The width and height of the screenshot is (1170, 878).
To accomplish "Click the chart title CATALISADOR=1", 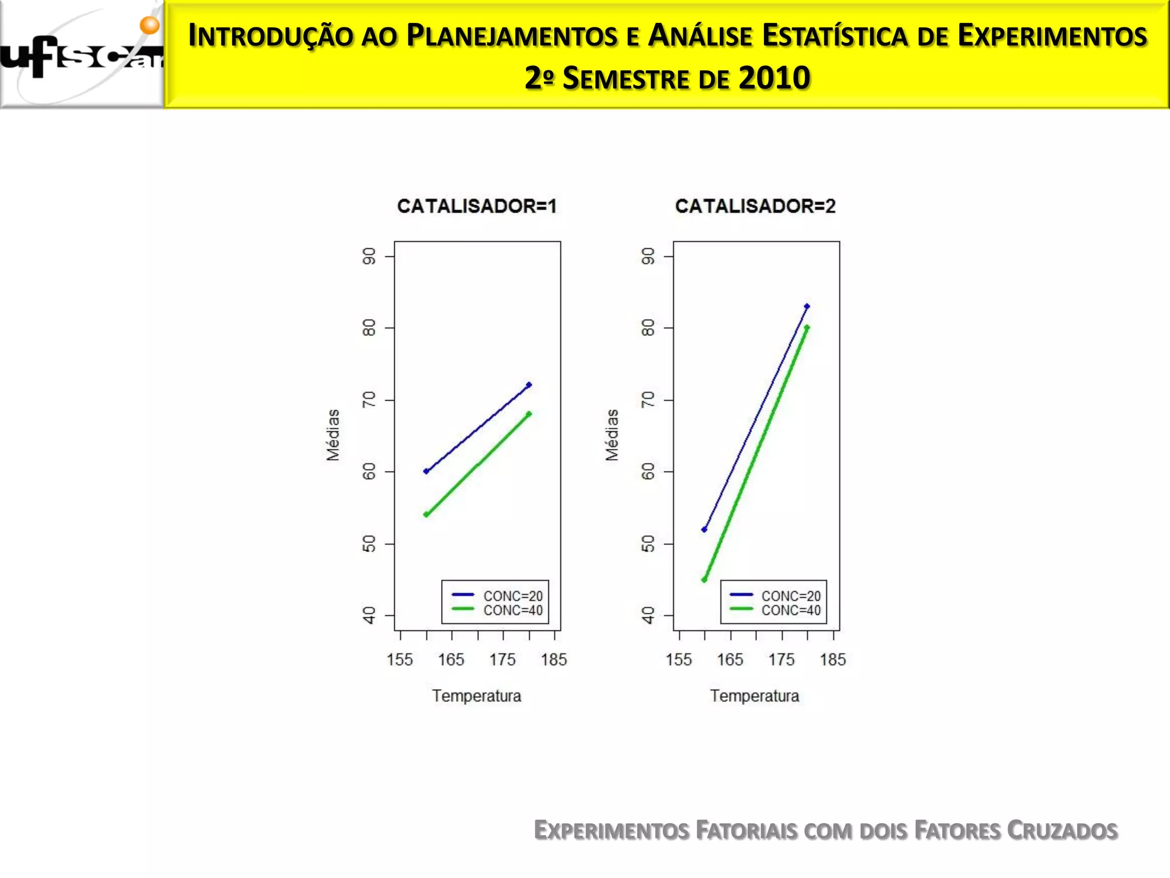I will click(476, 206).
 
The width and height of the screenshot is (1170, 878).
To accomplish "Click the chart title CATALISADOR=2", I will click(755, 206).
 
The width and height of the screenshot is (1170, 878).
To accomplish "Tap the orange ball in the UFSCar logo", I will click(150, 25).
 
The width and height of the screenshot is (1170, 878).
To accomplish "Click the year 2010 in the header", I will click(774, 78).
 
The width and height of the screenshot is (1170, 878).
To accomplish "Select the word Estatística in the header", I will click(835, 35).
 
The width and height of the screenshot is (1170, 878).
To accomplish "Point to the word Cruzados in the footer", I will click(1062, 831).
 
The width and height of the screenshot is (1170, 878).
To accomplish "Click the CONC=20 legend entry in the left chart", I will click(512, 596).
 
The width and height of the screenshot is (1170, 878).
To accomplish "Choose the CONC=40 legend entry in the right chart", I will click(791, 610).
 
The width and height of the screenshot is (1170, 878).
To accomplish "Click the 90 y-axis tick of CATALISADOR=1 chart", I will click(370, 257).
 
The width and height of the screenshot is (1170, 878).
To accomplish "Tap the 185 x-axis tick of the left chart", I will click(554, 660).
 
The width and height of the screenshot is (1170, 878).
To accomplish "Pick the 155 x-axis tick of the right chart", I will click(679, 660).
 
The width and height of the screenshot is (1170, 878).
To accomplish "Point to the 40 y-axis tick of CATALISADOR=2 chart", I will click(648, 616).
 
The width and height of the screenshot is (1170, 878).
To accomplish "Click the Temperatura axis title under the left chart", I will click(476, 696).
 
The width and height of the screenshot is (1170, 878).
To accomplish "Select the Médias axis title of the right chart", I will click(612, 435).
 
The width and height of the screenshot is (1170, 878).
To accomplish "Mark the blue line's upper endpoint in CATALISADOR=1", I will click(529, 385).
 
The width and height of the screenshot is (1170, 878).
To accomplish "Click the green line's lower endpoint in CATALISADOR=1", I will click(426, 514).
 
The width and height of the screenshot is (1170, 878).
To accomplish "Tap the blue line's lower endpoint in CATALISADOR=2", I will click(704, 529).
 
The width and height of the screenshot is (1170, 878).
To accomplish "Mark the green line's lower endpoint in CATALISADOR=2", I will click(704, 580).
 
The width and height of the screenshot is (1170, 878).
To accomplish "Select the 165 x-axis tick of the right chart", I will click(730, 660).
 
